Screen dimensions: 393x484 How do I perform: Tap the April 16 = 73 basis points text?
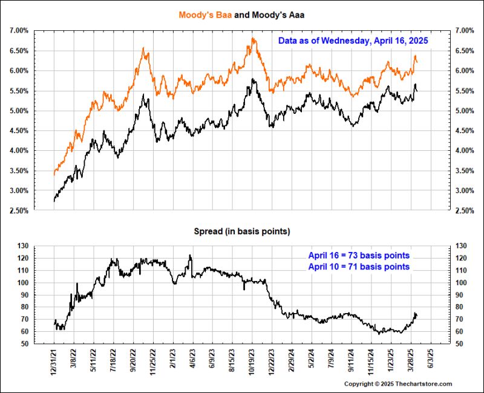pos(359,255)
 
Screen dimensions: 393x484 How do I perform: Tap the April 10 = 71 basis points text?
pos(359,266)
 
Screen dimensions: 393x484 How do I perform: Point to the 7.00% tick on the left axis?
pos(18,30)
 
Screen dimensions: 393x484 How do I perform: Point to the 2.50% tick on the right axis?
pos(465,211)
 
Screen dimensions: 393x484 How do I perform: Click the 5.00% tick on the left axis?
pos(18,111)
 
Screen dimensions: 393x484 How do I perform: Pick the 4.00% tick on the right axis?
pos(465,151)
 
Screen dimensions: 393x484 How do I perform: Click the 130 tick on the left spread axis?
pos(22,246)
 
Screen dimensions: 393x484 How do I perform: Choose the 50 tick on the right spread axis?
pos(460,344)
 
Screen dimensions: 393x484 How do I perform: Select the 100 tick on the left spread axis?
pos(22,283)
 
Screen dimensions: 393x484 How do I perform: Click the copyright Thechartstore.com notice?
pos(398,384)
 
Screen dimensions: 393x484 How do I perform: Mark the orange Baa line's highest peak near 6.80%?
pos(253,39)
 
